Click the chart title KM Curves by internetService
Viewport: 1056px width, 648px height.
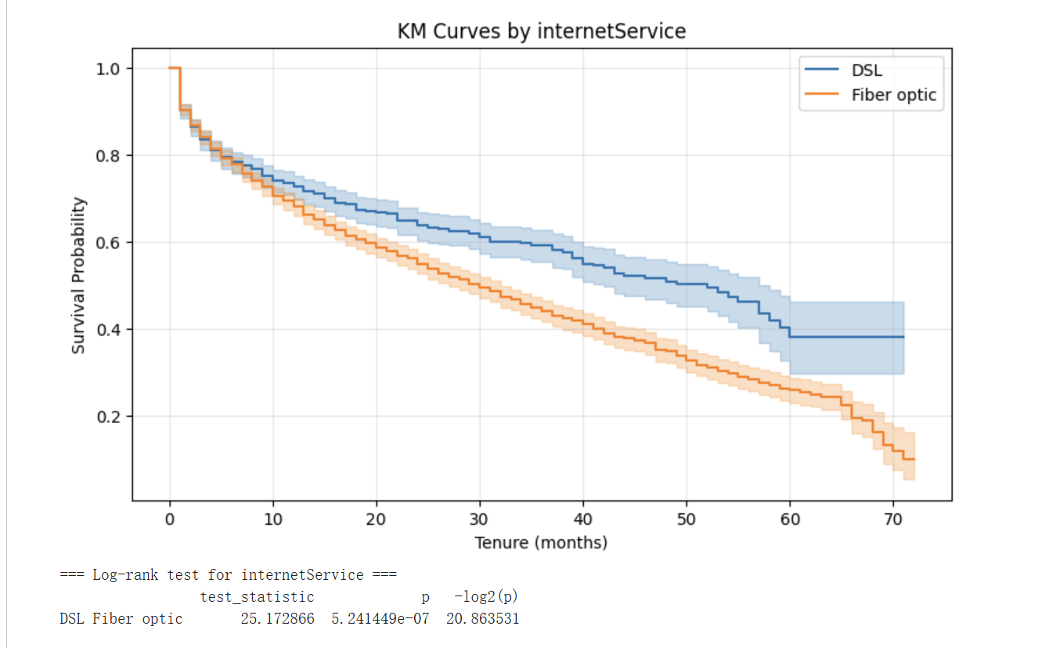coord(542,31)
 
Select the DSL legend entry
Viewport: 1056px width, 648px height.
coord(867,71)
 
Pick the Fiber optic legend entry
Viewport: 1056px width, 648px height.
coord(893,96)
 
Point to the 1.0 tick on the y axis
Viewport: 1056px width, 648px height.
coord(108,69)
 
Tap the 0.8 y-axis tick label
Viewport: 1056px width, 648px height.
coord(108,156)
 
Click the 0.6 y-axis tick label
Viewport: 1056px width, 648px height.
coord(108,243)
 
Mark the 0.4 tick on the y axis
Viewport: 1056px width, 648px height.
coord(108,330)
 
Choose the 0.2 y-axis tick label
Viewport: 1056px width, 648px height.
coord(108,417)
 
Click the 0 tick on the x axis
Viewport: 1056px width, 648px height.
coord(170,519)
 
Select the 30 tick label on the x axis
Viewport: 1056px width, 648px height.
coord(480,519)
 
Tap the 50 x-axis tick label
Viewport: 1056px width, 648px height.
coord(687,519)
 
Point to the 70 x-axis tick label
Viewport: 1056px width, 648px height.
coord(893,519)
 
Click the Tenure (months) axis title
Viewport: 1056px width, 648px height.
coord(541,542)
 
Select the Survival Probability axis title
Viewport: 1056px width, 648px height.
coord(78,275)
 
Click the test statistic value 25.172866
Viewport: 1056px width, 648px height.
coord(277,619)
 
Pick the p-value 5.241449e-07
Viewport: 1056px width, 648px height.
coord(380,619)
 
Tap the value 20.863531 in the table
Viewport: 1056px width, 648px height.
coord(482,619)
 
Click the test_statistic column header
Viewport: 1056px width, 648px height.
coord(257,597)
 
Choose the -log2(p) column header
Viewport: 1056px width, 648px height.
coord(486,597)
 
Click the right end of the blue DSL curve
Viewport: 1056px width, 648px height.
coord(903,337)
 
